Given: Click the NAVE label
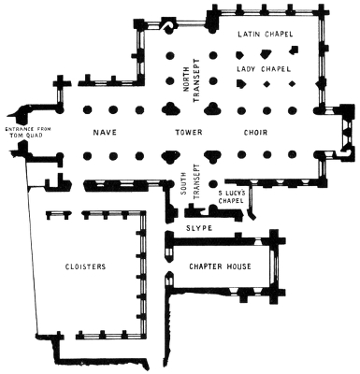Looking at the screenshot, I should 104,132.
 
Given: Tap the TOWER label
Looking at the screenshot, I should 188,132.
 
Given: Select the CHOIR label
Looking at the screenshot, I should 256,132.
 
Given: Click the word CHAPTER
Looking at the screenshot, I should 206,266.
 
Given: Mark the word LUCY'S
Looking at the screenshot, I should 236,194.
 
